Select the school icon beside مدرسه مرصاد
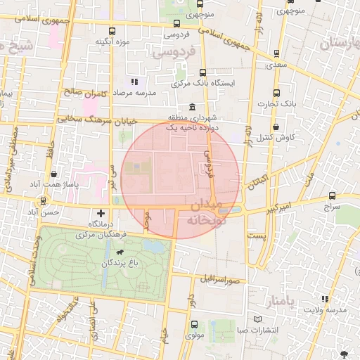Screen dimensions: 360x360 tap(134, 83)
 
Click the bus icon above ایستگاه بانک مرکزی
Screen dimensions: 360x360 tap(203, 72)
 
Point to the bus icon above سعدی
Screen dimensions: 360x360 tap(276, 53)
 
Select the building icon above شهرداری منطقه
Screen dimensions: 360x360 tap(192, 106)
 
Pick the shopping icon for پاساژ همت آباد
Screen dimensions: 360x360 tap(53, 173)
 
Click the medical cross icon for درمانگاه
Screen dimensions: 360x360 tap(101, 212)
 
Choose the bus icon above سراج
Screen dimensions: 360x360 tap(332, 197)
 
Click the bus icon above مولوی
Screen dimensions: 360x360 tap(195, 324)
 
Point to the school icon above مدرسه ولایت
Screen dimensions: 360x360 tap(324, 298)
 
